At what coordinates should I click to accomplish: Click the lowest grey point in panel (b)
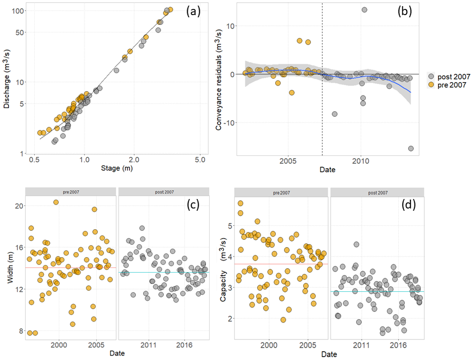[411, 148]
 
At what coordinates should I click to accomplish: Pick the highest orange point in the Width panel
[56, 202]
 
